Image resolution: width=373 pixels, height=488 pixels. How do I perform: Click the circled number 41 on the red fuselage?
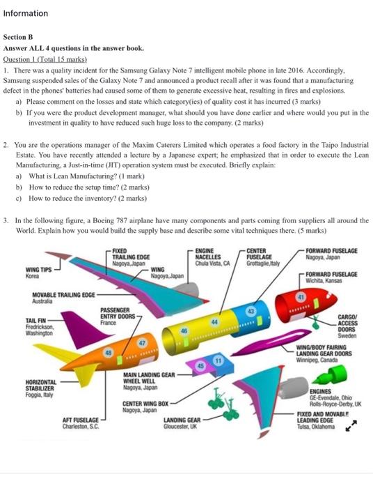point(301,297)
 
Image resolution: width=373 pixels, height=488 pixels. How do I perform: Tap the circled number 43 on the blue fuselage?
point(251,311)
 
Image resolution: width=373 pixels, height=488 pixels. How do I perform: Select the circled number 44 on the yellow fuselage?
point(214,322)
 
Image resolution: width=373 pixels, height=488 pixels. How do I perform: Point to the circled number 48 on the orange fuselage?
point(108,353)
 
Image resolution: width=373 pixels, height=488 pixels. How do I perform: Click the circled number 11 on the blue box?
point(219,360)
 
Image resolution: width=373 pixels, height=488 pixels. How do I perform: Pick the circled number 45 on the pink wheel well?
point(201,366)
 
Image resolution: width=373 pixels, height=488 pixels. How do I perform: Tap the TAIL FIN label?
point(35,320)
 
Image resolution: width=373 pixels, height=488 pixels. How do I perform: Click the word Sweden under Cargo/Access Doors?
point(347,336)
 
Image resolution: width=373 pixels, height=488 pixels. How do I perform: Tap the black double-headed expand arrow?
point(351,426)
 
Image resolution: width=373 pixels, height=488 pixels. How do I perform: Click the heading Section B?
point(18,37)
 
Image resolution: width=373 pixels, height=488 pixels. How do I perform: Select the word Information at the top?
point(26,13)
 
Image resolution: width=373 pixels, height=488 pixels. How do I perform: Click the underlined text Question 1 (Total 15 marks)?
point(45,59)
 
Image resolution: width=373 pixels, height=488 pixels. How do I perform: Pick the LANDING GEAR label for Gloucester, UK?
point(182,420)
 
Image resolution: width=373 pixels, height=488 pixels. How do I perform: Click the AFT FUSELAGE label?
point(81,420)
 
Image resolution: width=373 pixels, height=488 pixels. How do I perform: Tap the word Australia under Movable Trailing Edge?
point(42,301)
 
